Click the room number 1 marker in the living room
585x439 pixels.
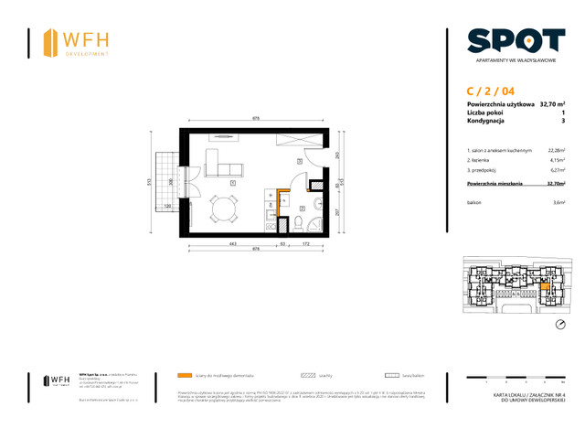234,183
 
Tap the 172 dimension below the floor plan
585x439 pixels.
306,244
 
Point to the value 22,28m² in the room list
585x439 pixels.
555,150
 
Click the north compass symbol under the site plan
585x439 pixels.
559,325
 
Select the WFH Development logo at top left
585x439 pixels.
77,42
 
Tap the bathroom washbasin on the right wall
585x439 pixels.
316,204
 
